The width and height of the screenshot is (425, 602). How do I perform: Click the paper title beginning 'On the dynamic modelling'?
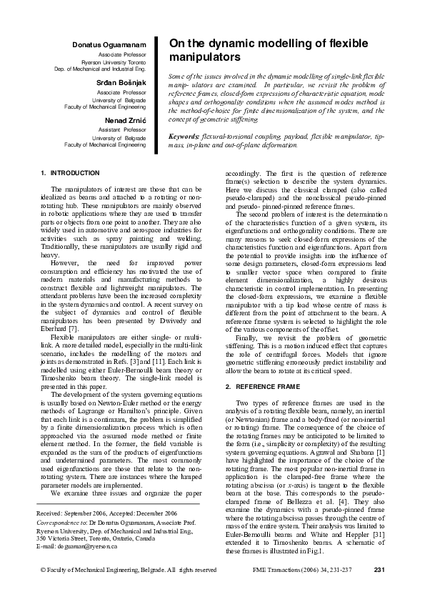(x=269, y=49)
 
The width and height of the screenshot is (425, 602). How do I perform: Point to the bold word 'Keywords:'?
(x=184, y=135)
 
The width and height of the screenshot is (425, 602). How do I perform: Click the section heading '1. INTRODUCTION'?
(x=70, y=174)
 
